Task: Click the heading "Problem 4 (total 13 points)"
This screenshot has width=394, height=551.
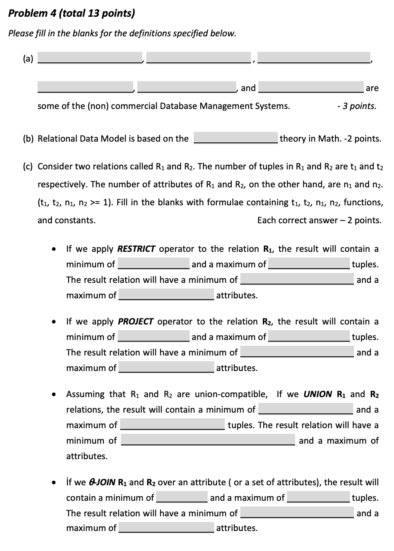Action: click(72, 13)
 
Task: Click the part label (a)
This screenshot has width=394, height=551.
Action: click(28, 59)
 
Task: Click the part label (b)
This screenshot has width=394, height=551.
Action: click(28, 139)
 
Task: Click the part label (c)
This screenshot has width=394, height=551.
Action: click(28, 167)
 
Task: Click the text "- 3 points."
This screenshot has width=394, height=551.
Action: click(357, 106)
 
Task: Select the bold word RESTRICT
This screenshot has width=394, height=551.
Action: click(136, 249)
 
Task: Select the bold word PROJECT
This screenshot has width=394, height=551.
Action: click(135, 322)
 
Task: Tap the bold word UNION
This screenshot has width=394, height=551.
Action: click(318, 394)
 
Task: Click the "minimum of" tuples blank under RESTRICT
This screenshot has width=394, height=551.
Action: click(154, 264)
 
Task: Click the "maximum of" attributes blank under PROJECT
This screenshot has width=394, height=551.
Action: click(166, 367)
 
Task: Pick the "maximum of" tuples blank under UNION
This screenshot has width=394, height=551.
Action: click(172, 424)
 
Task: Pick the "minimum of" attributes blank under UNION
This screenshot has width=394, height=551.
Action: click(208, 440)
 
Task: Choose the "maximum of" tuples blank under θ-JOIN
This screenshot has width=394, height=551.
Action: click(318, 497)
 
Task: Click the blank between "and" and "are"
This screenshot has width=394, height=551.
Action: click(311, 87)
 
